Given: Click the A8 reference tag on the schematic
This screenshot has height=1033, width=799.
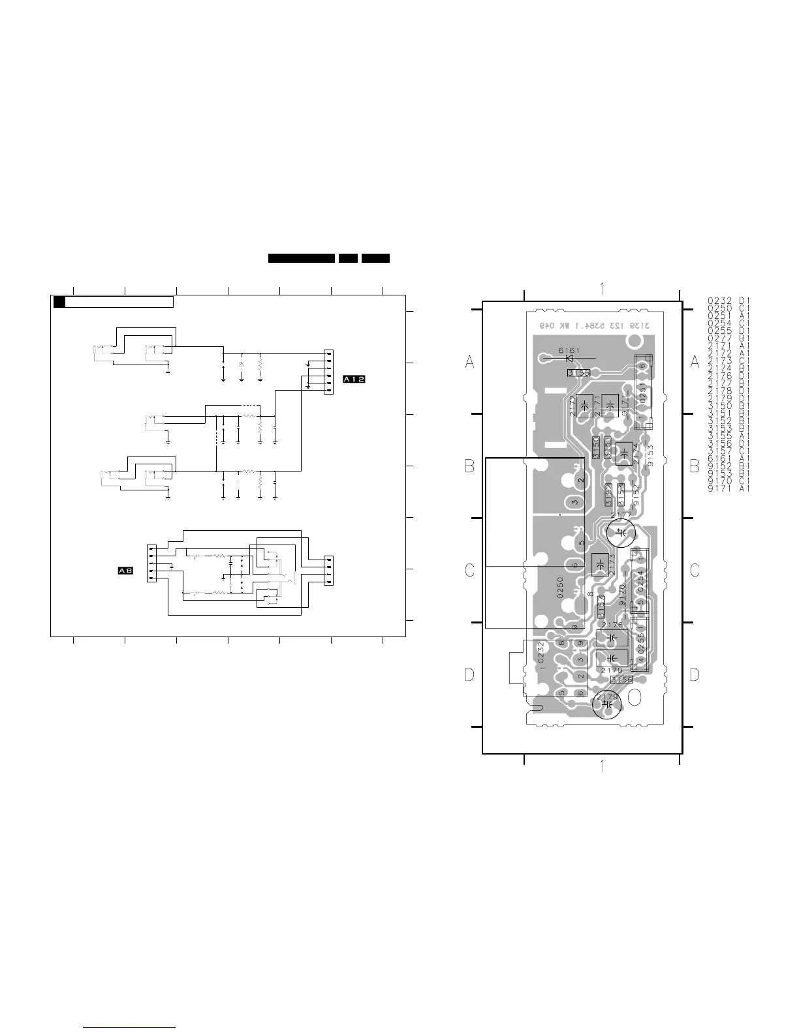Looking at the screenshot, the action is [x=125, y=571].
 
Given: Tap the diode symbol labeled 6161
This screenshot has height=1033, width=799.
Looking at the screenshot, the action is [x=569, y=357].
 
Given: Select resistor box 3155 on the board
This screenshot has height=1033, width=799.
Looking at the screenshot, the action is [x=578, y=373].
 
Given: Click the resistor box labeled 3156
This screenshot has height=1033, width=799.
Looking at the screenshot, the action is [x=621, y=679].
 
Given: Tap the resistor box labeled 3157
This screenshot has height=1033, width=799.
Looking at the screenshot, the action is [x=601, y=607].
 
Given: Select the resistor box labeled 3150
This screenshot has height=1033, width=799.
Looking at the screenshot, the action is [x=596, y=447].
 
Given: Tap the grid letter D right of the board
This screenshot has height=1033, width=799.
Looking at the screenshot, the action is [x=695, y=674].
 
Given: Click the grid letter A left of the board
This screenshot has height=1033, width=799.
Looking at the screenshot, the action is [x=469, y=362].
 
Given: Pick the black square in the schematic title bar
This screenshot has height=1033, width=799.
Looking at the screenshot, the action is [x=59, y=302].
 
